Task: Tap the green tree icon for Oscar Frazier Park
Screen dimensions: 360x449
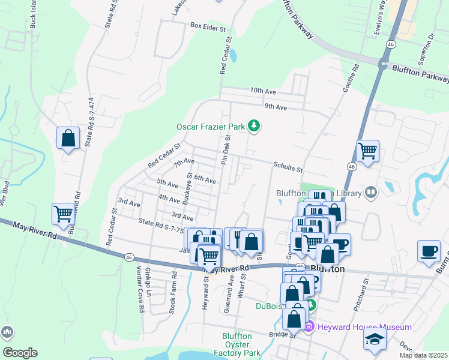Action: click(x=255, y=125)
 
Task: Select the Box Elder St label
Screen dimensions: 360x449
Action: click(x=207, y=27)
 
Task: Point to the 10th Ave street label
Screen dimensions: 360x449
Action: click(x=263, y=91)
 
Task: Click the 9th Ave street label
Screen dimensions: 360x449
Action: click(x=276, y=107)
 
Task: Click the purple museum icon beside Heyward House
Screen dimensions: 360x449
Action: click(x=309, y=327)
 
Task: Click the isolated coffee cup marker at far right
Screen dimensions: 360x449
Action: click(x=429, y=251)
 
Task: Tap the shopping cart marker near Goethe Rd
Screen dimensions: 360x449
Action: click(x=367, y=151)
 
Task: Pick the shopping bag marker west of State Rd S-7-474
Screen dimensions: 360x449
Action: click(x=68, y=138)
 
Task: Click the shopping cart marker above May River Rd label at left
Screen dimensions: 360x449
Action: click(x=63, y=213)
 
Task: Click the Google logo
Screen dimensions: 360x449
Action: click(x=20, y=353)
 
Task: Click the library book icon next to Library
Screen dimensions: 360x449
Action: click(x=371, y=192)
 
